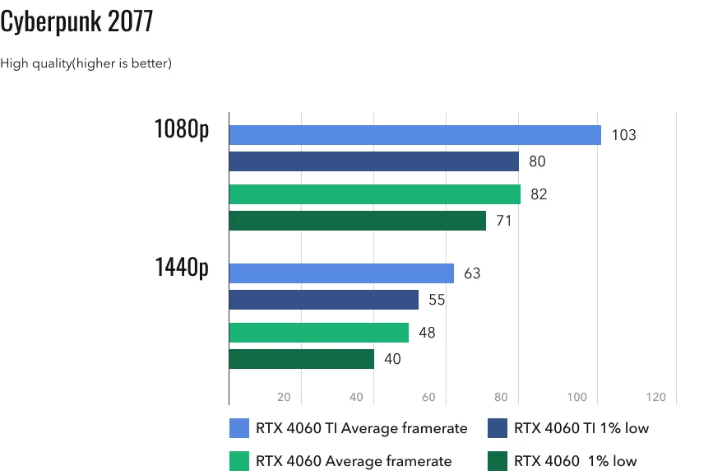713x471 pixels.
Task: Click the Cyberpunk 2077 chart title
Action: tap(76, 22)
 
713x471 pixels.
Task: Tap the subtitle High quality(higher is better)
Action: tap(86, 63)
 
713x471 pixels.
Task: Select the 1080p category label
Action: tap(181, 129)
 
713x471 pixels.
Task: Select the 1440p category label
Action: tap(181, 268)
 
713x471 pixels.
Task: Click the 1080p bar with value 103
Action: tap(414, 135)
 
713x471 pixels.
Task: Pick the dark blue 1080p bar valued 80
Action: tap(373, 161)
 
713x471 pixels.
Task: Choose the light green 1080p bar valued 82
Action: tap(374, 194)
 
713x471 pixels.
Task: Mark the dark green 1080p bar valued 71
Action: tap(357, 221)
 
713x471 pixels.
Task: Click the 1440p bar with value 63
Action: tap(341, 273)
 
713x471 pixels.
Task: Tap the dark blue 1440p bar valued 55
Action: tap(323, 300)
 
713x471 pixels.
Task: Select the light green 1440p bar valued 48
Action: tap(318, 333)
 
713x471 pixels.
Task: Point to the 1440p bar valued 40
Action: tap(301, 359)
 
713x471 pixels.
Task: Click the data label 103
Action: tap(623, 135)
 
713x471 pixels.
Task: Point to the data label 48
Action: tap(426, 333)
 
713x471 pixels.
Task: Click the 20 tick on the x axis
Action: tap(285, 397)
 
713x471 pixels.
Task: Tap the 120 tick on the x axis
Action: tap(655, 397)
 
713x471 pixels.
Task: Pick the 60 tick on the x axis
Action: tap(428, 397)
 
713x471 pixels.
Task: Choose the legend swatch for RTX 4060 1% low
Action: tap(498, 461)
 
